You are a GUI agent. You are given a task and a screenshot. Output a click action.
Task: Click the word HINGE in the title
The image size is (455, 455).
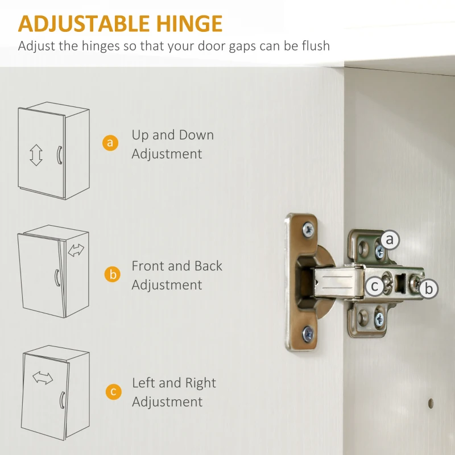(x=189, y=23)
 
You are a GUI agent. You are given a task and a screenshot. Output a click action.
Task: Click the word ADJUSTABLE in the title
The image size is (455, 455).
(x=84, y=23)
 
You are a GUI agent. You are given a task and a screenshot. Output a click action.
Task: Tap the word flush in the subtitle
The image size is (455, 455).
(x=316, y=46)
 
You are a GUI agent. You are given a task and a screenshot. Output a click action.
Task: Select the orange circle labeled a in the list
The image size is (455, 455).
(x=110, y=143)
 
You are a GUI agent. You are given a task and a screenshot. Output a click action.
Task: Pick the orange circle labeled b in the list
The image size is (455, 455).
(x=113, y=274)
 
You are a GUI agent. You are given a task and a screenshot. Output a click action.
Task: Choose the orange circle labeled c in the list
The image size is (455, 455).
(x=113, y=391)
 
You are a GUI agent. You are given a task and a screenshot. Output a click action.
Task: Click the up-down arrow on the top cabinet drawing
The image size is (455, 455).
(x=36, y=155)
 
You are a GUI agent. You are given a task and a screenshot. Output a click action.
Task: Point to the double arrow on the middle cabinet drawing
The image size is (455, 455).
(x=76, y=250)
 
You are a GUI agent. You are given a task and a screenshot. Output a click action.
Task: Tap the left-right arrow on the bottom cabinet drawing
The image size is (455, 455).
(x=43, y=378)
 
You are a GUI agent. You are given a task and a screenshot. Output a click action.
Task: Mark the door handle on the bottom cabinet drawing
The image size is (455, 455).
(x=61, y=400)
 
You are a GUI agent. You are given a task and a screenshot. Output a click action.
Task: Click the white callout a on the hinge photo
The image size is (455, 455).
(x=390, y=240)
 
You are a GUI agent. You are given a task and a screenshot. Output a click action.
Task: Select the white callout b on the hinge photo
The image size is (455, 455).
(x=428, y=288)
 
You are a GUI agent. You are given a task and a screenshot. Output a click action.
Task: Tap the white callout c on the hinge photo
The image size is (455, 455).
(x=375, y=287)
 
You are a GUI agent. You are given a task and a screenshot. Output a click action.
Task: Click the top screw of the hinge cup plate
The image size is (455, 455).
(x=308, y=229)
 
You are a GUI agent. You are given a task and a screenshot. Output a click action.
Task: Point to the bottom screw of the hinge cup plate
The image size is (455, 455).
(x=308, y=334)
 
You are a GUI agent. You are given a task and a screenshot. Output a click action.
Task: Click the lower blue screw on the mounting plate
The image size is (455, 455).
(x=379, y=320)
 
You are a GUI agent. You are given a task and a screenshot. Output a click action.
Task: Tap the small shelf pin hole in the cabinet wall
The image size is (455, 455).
(x=431, y=403)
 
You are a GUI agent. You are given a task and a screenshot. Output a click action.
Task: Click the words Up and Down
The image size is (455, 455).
(x=173, y=135)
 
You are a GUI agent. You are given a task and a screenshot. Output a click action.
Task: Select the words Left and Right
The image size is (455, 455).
(x=174, y=383)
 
